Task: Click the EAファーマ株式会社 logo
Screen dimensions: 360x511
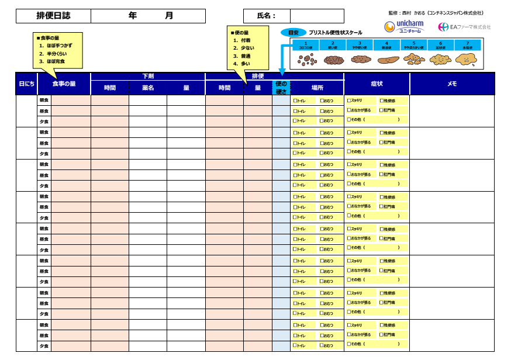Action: (464, 27)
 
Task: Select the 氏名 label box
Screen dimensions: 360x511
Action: (267, 16)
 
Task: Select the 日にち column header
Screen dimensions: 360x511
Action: (26, 84)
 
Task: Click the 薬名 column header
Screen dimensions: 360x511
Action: (147, 88)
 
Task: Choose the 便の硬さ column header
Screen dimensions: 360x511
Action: (281, 88)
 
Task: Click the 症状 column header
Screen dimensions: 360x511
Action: (377, 84)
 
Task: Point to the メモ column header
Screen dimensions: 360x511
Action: (452, 84)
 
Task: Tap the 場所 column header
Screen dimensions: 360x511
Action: (317, 88)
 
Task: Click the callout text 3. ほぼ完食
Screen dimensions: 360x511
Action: (53, 61)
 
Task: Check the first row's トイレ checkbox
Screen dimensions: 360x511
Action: (295, 101)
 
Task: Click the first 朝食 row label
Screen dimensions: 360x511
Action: (44, 100)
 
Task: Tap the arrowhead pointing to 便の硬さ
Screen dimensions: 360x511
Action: (281, 74)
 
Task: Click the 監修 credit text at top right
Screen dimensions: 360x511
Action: (436, 13)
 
